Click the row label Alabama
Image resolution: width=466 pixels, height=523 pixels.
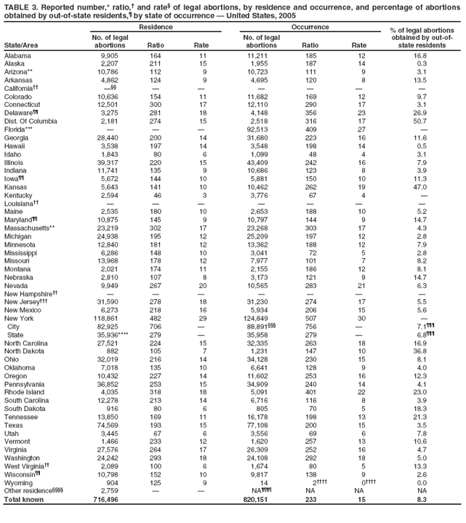point(17,55)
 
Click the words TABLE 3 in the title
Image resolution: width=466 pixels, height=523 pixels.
point(19,6)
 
